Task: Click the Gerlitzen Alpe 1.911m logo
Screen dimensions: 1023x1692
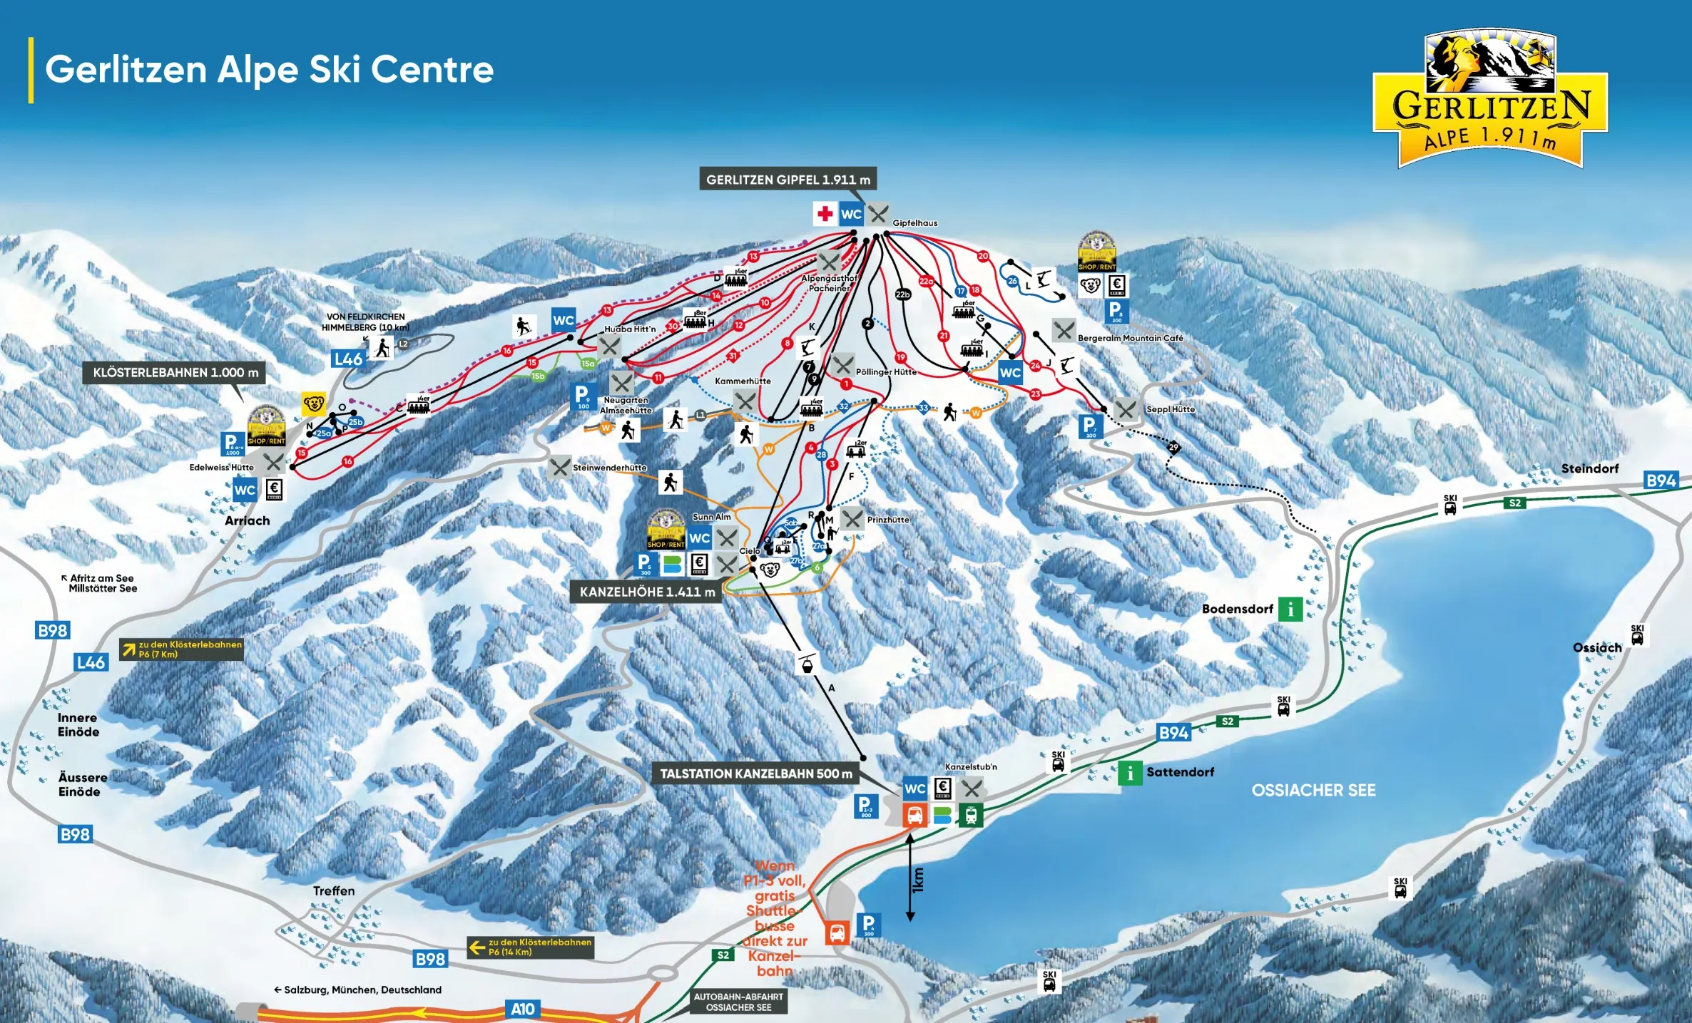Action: coord(1489,100)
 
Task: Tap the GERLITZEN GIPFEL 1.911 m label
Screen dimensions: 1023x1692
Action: coord(788,180)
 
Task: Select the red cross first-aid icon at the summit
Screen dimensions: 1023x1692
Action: coord(825,213)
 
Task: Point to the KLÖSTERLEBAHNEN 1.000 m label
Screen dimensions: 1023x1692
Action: coord(175,373)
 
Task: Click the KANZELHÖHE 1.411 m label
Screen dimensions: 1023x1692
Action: coord(646,592)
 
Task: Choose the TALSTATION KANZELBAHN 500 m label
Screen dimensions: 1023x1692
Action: coord(755,773)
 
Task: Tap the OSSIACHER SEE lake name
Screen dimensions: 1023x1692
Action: coord(1313,790)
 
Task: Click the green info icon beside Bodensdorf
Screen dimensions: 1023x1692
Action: coord(1290,609)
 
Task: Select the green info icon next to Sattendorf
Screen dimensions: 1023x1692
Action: coord(1130,772)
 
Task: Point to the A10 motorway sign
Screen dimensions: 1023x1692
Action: coord(523,1009)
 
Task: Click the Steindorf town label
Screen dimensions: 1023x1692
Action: coord(1589,468)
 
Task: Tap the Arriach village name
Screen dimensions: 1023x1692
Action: coord(248,520)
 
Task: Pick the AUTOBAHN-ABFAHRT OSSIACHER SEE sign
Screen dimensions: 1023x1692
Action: coord(738,1002)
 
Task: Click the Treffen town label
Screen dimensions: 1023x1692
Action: coord(334,890)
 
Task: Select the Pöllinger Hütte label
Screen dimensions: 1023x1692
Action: coord(886,371)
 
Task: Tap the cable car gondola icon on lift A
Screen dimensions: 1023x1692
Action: coord(806,664)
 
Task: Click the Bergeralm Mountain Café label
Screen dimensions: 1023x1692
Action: coord(1130,338)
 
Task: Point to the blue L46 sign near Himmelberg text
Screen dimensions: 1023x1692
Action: coord(348,359)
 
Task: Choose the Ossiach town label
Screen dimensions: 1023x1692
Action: coord(1597,647)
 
